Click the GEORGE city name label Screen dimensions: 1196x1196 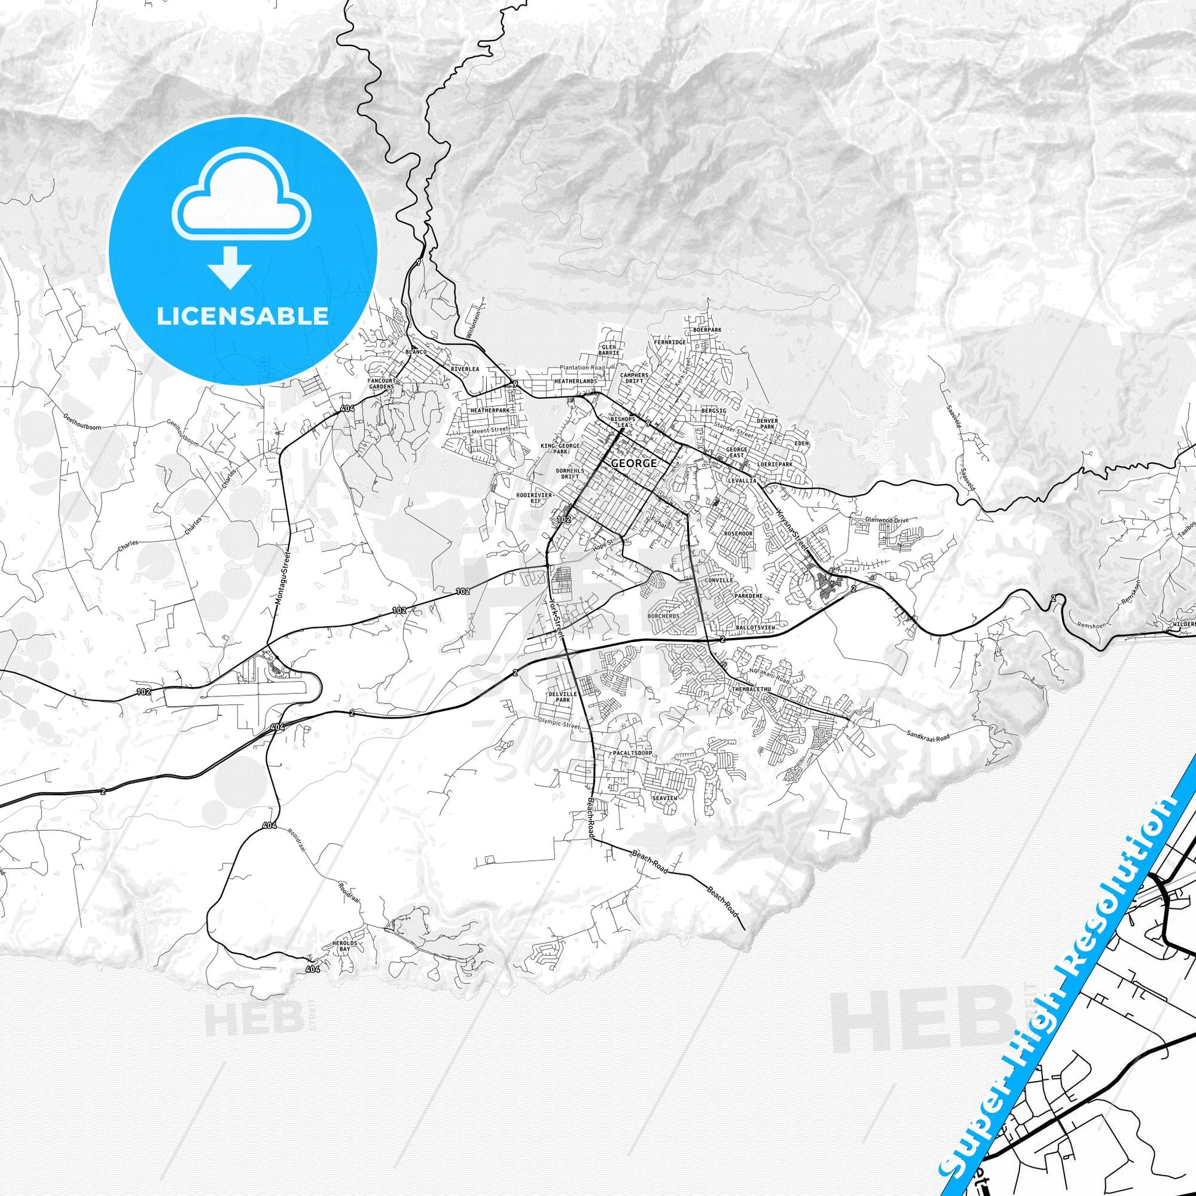[x=624, y=462]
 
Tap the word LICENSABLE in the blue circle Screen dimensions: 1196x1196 [x=242, y=317]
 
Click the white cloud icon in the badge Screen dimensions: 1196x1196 [x=242, y=202]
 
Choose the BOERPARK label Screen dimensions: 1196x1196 [x=707, y=330]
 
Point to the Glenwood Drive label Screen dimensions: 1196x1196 [x=887, y=520]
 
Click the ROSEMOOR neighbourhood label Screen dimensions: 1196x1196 [x=738, y=533]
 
